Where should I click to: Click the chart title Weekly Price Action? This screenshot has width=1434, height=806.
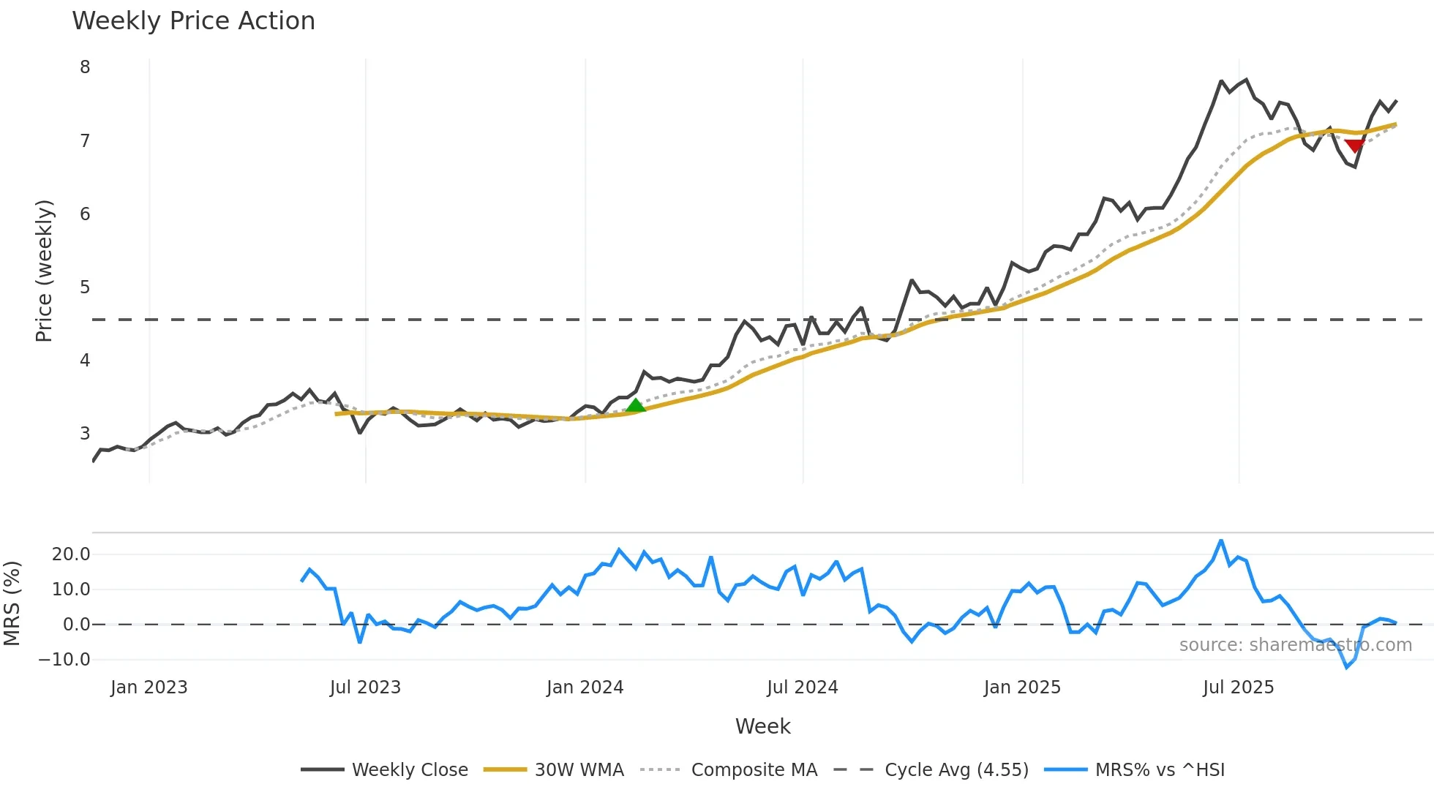[x=193, y=21]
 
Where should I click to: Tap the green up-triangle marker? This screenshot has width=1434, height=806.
[x=636, y=405]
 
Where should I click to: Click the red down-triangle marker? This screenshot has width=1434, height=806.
[x=1354, y=146]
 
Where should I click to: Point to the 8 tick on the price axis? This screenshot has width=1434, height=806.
[x=85, y=67]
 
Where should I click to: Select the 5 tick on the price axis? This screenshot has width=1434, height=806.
[x=85, y=287]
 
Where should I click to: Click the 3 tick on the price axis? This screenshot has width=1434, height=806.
[x=85, y=434]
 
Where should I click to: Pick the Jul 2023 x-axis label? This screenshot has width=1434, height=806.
[x=365, y=688]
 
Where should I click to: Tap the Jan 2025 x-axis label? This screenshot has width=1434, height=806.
[x=1021, y=688]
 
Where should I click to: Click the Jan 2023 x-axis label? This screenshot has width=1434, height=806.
[x=149, y=688]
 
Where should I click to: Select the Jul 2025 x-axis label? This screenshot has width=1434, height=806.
[x=1238, y=688]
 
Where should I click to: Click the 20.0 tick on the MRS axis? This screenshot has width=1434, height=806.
[x=71, y=554]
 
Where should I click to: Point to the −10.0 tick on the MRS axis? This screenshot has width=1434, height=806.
[x=64, y=660]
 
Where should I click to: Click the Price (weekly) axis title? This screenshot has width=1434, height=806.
[x=44, y=271]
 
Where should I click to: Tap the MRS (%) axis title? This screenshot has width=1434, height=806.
[x=12, y=603]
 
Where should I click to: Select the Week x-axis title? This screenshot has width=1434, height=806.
[x=762, y=726]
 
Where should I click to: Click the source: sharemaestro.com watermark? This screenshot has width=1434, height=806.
[x=1295, y=645]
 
